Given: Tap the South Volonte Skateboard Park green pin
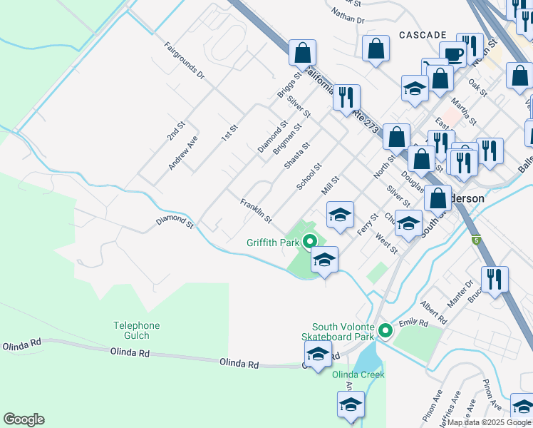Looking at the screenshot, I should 385,330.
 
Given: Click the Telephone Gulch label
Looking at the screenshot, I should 136,330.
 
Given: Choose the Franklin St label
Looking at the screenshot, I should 256,210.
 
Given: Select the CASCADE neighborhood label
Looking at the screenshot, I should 423,35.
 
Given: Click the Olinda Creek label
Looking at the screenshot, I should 363,374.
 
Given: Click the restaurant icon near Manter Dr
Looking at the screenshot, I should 494,279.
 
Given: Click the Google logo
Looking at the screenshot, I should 24,419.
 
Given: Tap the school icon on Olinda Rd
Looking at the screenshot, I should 318,353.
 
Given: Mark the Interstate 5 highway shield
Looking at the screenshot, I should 475,240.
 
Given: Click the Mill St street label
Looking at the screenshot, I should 332,188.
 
